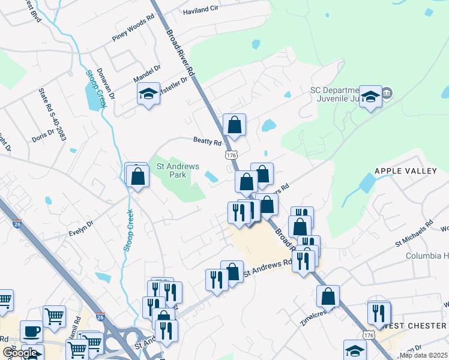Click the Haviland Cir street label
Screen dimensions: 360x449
(x=201, y=10)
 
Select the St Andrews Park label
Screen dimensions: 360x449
(x=172, y=170)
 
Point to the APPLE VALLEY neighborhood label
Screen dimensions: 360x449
(x=406, y=171)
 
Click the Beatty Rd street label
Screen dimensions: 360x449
(x=208, y=141)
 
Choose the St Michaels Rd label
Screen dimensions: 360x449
(x=414, y=234)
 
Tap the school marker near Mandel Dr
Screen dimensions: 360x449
(x=148, y=94)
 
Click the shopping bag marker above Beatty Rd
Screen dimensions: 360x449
(x=235, y=125)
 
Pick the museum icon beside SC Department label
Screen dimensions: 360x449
(x=387, y=93)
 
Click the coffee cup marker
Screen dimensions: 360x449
(x=31, y=331)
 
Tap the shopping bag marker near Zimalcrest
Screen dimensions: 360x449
(x=328, y=296)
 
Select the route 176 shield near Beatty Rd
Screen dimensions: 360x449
(x=232, y=155)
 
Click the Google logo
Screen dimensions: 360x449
(x=20, y=352)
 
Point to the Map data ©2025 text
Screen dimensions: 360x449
(x=424, y=355)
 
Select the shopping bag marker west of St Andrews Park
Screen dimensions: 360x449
(x=138, y=176)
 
